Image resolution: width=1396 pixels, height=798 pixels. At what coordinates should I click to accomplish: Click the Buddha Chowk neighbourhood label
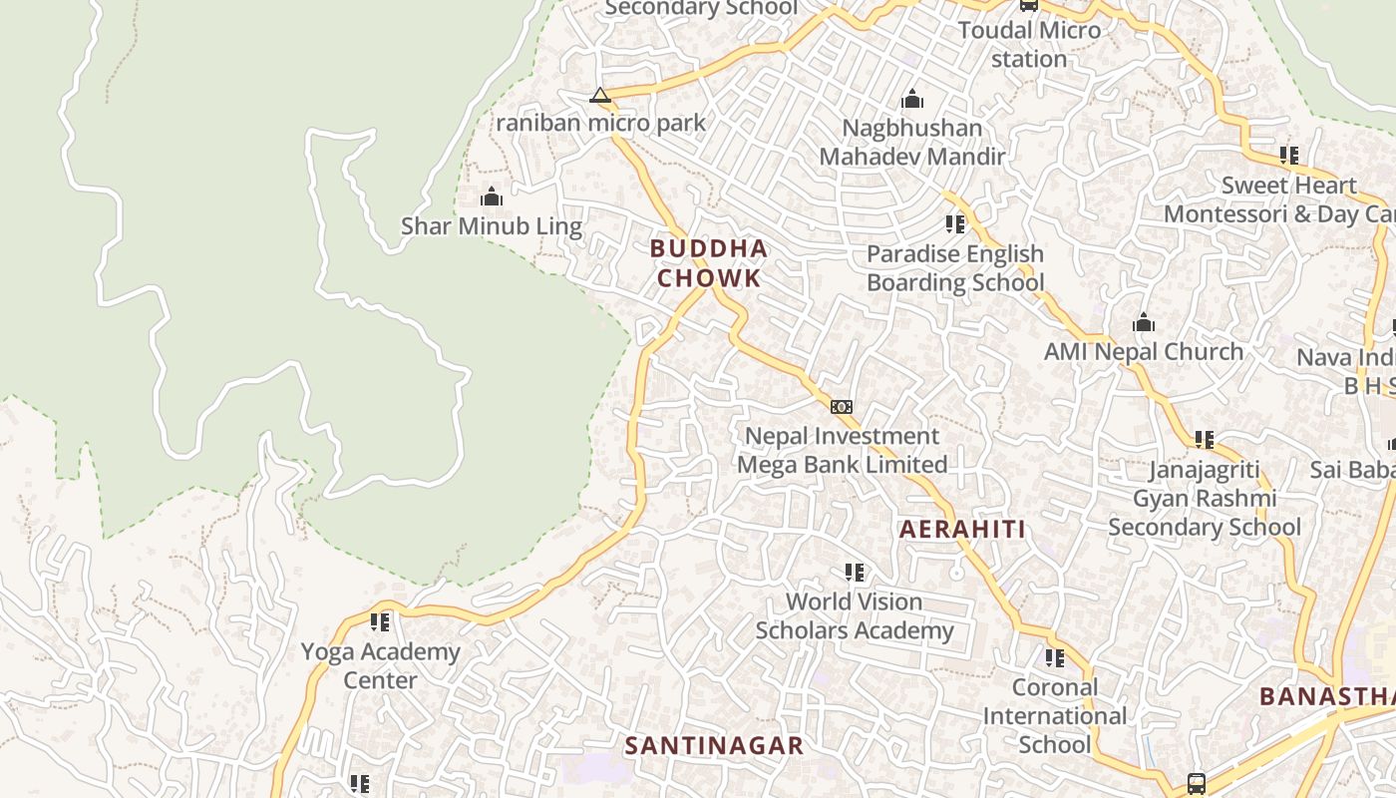coord(708,263)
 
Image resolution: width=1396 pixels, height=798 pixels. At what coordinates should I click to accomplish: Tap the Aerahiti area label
coord(962,530)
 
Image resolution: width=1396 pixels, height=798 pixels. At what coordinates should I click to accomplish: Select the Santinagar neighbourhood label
coord(714,746)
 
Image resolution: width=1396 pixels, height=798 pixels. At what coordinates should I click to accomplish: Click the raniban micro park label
coord(600,124)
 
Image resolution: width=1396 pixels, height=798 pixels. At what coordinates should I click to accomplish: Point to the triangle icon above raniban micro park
coord(599,96)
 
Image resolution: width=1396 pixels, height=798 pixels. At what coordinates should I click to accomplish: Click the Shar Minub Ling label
coord(491,226)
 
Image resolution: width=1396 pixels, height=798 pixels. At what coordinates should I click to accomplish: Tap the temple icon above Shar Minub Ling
coord(491,198)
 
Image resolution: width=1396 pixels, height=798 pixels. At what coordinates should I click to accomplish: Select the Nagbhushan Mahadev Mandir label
coord(912,143)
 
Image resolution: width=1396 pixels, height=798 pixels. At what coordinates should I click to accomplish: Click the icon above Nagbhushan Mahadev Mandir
coord(912,100)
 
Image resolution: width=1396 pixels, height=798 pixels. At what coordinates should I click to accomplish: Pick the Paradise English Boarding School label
coord(955,268)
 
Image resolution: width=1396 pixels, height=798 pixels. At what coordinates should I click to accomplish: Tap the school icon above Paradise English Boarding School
coord(955,224)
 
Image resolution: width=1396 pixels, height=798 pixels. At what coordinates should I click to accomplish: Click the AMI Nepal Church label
coord(1144,352)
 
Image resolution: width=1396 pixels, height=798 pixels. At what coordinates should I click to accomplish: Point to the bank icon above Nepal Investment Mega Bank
coord(842,407)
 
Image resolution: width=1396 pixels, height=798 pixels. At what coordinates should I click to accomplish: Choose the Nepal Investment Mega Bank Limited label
coord(842,451)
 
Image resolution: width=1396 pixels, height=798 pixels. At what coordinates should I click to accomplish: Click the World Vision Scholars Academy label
coord(855,616)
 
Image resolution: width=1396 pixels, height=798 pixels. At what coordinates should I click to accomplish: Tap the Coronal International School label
coord(1055,716)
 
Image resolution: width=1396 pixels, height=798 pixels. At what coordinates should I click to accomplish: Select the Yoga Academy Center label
coord(381,666)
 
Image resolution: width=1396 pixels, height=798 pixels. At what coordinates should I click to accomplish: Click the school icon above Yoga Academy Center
coord(380,622)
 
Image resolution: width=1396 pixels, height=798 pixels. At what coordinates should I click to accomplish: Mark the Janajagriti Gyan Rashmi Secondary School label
coord(1205,498)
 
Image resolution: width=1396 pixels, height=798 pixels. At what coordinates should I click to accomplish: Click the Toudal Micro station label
coord(1029,44)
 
